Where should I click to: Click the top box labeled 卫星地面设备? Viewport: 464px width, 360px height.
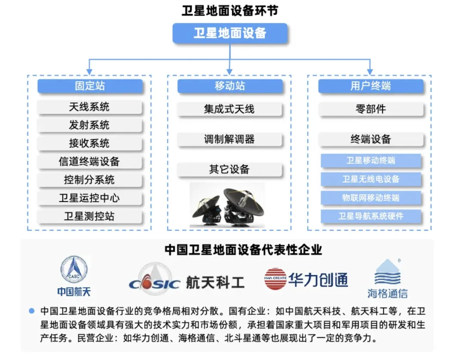coord(230,33)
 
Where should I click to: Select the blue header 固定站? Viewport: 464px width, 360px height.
coord(90,86)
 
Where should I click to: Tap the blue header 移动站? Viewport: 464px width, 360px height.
coord(230,86)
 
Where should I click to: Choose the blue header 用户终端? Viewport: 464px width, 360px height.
coord(370,86)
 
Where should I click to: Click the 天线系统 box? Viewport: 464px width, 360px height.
coord(90,107)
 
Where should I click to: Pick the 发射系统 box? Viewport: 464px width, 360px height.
coord(90,125)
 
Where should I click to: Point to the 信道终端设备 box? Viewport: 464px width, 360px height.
coord(90,162)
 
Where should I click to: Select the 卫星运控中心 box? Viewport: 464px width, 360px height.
coord(90,198)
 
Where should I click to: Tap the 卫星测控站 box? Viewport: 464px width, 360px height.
coord(90,217)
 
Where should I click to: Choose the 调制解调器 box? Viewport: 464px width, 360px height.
coord(230,139)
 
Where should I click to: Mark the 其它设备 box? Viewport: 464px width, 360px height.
coord(230,169)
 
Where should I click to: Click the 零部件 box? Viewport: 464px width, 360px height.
coord(370,110)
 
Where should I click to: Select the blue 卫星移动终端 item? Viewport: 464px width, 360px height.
coord(370,161)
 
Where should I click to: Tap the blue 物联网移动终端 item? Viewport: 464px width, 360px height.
coord(370,198)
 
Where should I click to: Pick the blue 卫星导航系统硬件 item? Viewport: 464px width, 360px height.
coord(370,216)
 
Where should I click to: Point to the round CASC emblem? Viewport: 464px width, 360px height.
coord(74,269)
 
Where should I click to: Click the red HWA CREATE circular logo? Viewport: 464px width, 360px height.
coord(275,279)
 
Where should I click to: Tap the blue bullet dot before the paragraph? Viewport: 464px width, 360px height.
coord(31,310)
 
